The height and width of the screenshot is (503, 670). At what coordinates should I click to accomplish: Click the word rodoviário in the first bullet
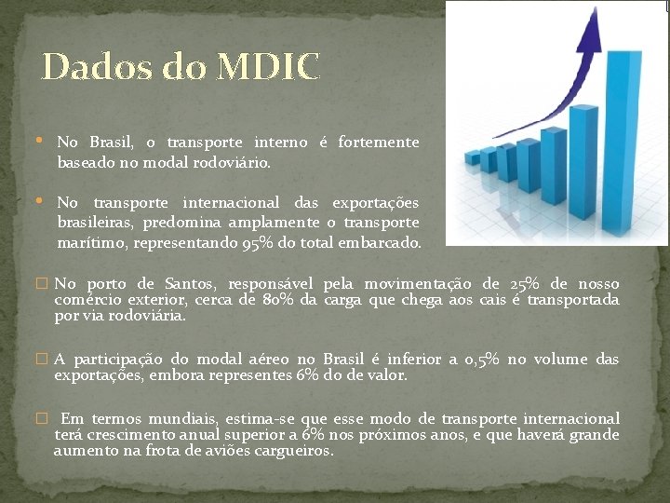click(228, 162)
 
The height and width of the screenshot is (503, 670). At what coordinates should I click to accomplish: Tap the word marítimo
click(92, 242)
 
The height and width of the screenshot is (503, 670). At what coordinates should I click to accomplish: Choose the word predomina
click(177, 223)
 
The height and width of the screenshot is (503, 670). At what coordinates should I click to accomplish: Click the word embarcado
click(382, 242)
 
